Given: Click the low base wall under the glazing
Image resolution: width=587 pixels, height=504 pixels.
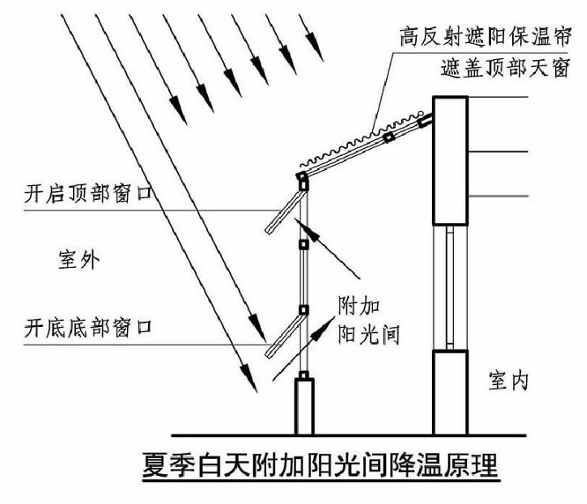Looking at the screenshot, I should tap(304, 407).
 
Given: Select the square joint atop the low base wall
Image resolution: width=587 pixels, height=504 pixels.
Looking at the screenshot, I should tap(304, 377).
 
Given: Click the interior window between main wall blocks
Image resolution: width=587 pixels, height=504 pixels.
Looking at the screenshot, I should tap(450, 286).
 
